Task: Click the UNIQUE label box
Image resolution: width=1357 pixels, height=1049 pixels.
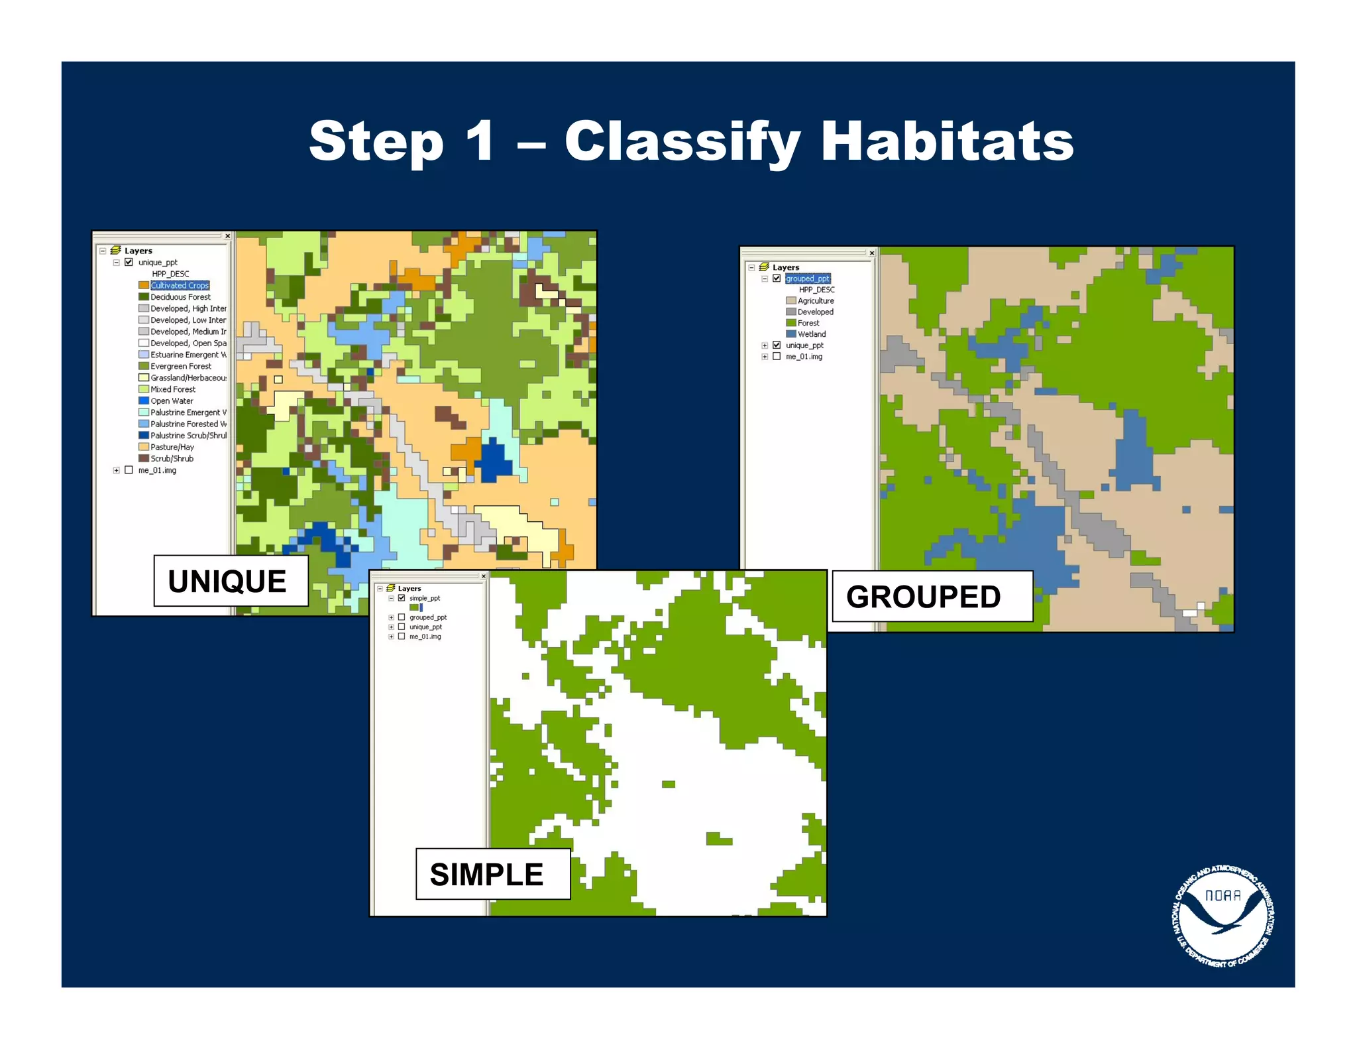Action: (231, 581)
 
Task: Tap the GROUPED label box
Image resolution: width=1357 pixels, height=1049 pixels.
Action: (931, 596)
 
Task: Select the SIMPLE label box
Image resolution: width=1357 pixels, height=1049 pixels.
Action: (492, 873)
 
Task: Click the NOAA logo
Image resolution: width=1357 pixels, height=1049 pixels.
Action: (1222, 915)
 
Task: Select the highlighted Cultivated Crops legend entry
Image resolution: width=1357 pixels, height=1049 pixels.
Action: (180, 285)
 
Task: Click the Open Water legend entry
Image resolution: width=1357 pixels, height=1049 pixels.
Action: (172, 401)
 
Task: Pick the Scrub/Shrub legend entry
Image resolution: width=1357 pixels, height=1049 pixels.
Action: (172, 458)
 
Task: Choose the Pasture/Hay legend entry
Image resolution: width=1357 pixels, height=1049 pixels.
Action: (172, 447)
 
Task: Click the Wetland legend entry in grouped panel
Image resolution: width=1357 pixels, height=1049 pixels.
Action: (811, 334)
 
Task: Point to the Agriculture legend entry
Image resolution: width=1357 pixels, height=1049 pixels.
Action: (815, 300)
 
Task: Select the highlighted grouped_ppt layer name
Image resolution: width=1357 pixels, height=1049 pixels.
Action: (807, 278)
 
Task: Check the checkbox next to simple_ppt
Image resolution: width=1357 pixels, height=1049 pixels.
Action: (402, 598)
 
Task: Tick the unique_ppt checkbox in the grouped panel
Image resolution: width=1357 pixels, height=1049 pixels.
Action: (777, 345)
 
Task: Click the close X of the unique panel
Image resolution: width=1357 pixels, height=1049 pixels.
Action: (227, 236)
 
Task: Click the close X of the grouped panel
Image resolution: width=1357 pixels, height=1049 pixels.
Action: (871, 253)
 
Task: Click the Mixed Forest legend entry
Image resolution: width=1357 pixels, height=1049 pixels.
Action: (172, 389)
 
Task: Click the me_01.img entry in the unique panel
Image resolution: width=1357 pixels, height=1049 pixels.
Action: (157, 470)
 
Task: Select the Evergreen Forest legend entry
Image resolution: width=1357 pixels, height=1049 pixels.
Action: (180, 366)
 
